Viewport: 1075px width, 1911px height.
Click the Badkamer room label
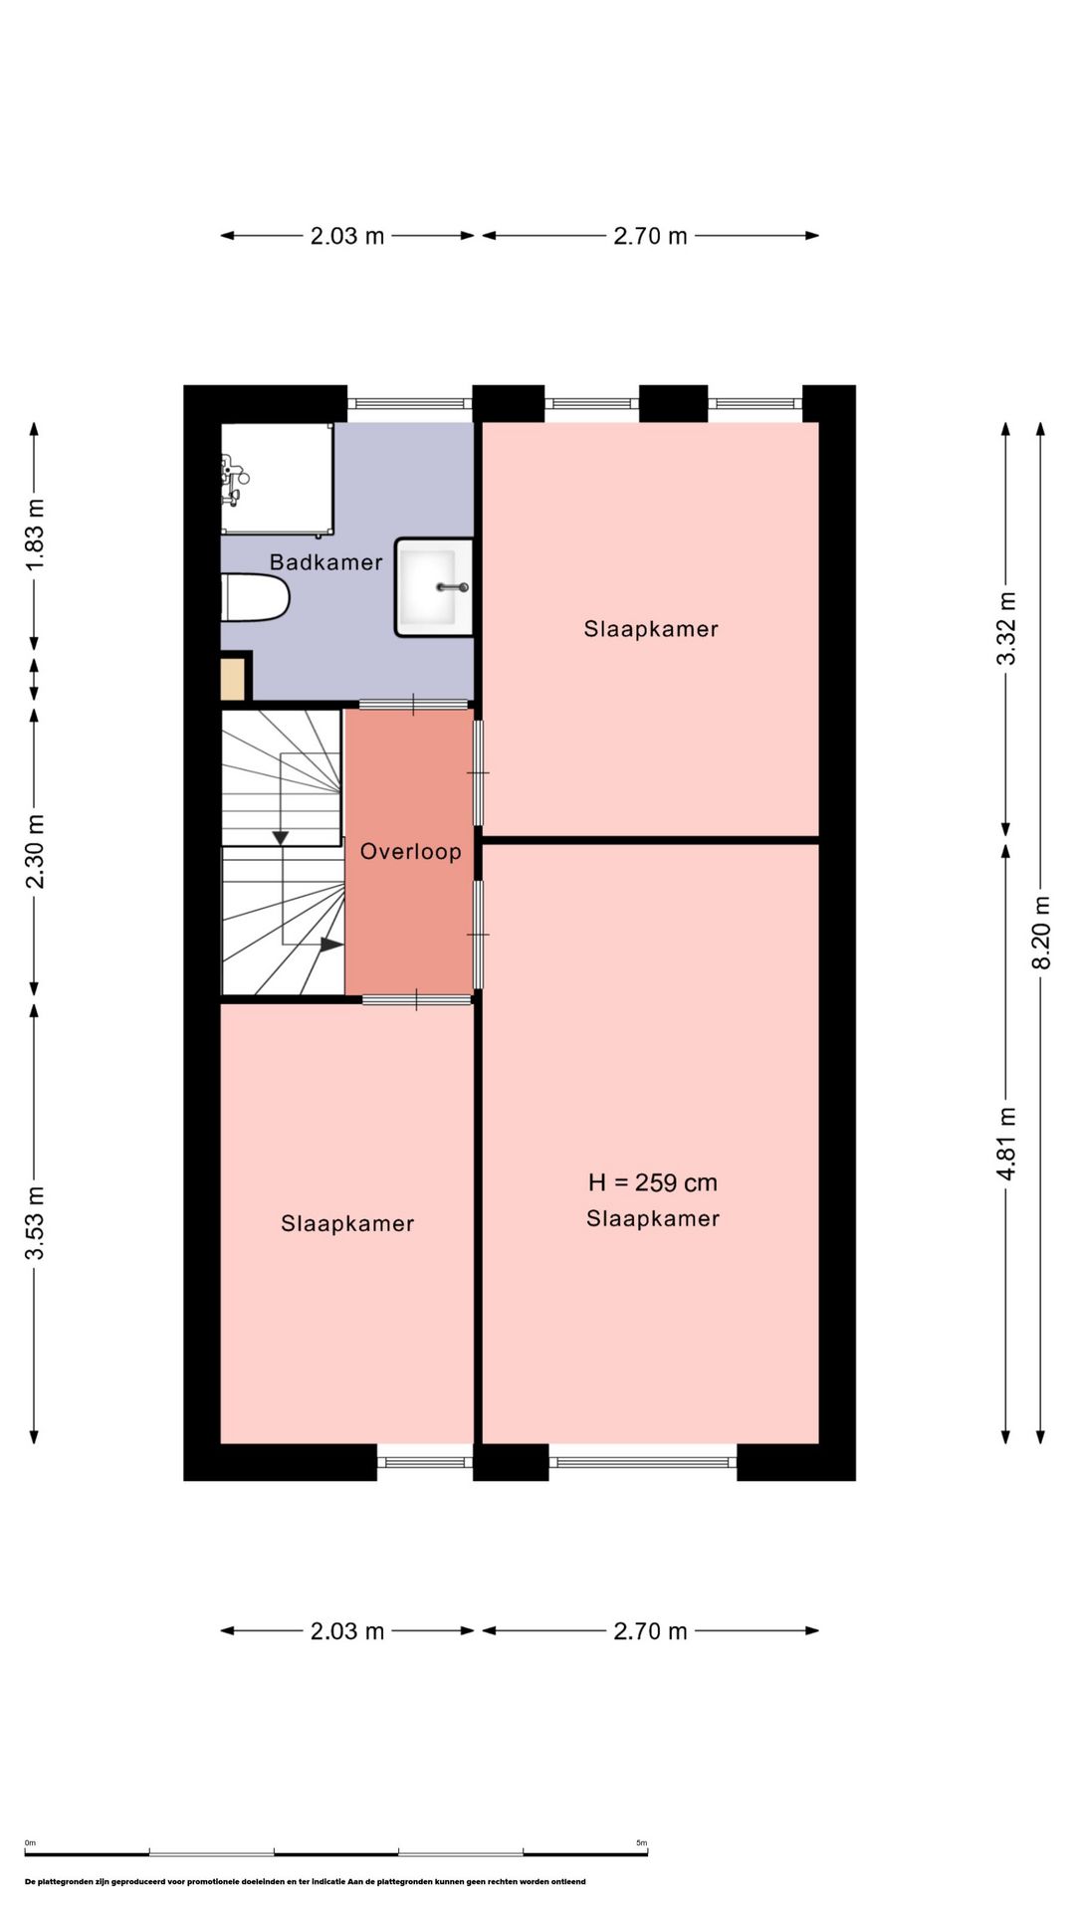pos(326,562)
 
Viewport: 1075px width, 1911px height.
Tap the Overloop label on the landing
pos(410,852)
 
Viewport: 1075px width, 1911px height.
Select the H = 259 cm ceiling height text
pos(653,1182)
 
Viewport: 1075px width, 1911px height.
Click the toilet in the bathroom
pos(255,597)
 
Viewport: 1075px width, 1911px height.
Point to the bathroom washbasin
pos(434,587)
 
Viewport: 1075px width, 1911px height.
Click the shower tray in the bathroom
pos(277,479)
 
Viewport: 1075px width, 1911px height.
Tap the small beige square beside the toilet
pos(233,679)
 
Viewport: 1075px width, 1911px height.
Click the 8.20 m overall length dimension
pos(1041,933)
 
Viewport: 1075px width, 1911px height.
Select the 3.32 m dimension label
pos(1006,628)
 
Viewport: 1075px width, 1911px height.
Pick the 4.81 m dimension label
pos(1006,1144)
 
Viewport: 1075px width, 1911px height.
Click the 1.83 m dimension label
pos(35,534)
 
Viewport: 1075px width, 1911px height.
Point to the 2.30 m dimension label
pos(35,852)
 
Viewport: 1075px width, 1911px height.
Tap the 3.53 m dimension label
pos(35,1223)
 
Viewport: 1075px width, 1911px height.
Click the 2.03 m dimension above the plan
pos(347,236)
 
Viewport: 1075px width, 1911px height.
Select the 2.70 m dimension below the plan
pos(650,1631)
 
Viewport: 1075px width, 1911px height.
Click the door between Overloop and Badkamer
pos(414,705)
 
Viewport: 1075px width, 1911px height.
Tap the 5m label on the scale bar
pos(642,1843)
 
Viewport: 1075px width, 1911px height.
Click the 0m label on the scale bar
pos(30,1843)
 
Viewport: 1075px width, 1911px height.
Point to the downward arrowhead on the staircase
pos(281,838)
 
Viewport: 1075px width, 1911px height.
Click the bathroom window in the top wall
pos(410,404)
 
